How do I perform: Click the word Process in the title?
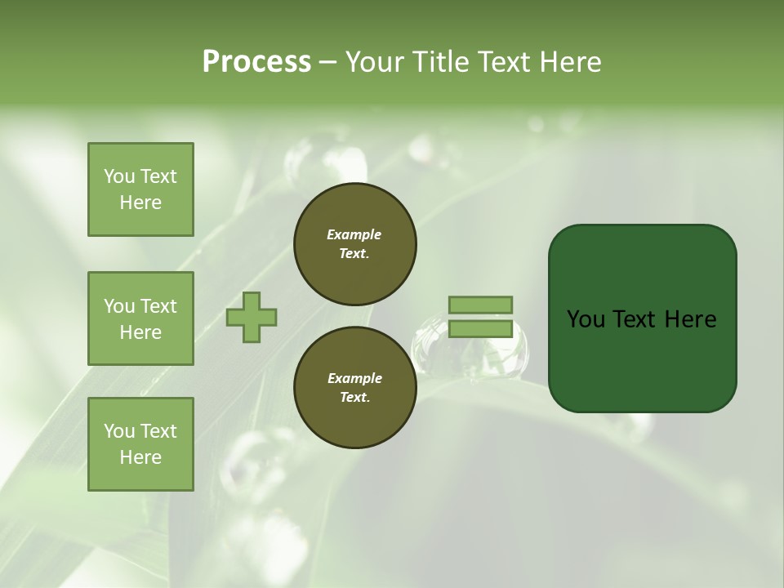click(256, 62)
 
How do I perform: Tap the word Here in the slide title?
click(572, 62)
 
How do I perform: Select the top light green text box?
click(140, 189)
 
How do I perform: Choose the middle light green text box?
click(140, 318)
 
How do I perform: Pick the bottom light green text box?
click(140, 444)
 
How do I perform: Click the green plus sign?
click(252, 317)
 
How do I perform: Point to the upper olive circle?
click(354, 244)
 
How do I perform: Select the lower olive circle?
click(354, 388)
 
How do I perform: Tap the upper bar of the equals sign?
click(480, 305)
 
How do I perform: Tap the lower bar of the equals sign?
click(480, 328)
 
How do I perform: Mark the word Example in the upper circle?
click(354, 234)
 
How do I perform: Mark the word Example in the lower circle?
click(354, 378)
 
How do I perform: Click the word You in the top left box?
click(119, 176)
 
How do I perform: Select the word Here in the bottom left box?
click(140, 457)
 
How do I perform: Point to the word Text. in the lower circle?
click(354, 398)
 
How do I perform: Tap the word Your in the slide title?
click(373, 62)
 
